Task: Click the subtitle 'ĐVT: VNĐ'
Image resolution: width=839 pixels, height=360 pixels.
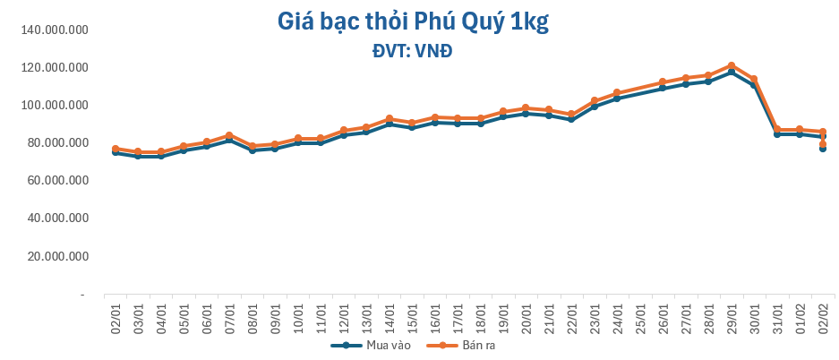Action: coord(412,51)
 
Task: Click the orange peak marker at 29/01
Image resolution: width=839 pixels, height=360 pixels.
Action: coord(731,65)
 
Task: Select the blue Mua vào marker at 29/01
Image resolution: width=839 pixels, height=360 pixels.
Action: coord(731,72)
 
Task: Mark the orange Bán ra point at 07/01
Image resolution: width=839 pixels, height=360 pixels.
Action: coord(230,135)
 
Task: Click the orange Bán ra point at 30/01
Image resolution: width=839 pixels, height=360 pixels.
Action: coord(754,79)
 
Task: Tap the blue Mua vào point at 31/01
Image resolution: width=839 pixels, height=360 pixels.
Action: coord(776,134)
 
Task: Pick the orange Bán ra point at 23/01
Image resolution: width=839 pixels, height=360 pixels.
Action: coord(595,101)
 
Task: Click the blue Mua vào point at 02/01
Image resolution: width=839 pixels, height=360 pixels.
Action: coord(116,152)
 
